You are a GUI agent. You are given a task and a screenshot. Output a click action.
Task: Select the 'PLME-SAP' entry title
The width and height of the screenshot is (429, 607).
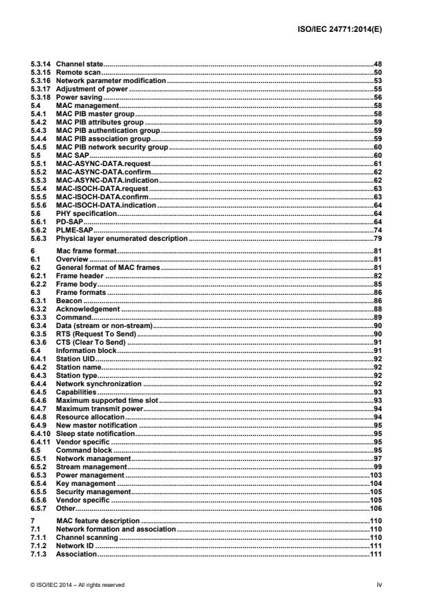[x=72, y=230]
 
